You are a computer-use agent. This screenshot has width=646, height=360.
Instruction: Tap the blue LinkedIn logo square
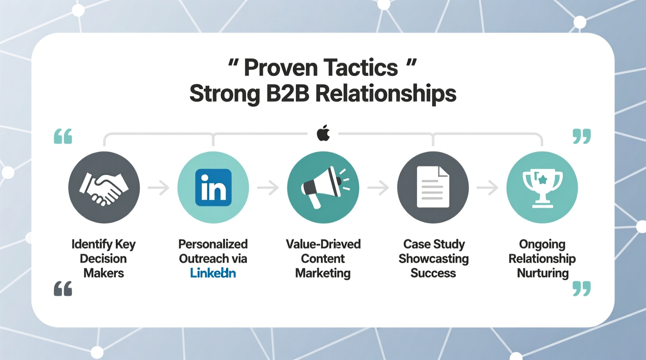[213, 188]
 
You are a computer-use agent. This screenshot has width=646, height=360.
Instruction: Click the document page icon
[433, 187]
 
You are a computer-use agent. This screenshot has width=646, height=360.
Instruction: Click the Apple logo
[323, 133]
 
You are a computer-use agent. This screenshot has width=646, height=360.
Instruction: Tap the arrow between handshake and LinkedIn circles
[158, 188]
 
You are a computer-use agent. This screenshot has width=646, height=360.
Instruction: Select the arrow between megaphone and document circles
[378, 188]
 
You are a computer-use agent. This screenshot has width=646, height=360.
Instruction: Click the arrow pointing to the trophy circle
[488, 188]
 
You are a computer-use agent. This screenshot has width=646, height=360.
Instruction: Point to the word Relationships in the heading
[386, 94]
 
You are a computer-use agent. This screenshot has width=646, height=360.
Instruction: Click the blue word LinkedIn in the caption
[213, 273]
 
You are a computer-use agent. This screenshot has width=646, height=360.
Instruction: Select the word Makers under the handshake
[104, 273]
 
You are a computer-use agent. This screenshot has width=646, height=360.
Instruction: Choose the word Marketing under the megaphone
[323, 273]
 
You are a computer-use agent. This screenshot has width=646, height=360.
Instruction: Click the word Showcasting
[433, 259]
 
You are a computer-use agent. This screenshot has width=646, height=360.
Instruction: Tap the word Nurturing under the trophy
[543, 273]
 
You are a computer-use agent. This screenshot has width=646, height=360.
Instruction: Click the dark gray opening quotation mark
[63, 289]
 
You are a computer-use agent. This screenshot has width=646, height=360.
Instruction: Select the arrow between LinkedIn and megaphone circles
[268, 188]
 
